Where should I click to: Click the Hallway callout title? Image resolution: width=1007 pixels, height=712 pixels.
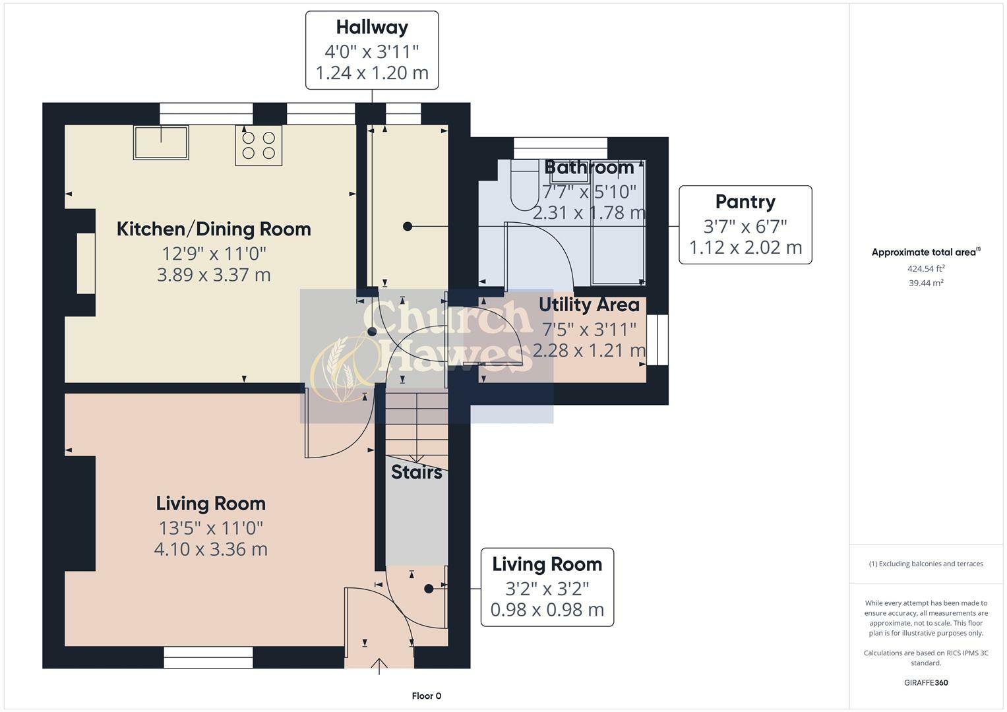[372, 28]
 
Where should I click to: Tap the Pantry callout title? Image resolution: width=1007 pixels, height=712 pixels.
[745, 202]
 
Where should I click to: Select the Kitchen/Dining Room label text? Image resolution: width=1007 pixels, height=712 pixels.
[214, 229]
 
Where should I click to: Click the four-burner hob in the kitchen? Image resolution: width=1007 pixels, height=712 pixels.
[259, 145]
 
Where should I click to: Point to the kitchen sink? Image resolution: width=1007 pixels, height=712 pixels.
[161, 142]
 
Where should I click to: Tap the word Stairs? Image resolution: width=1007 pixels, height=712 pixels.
[417, 473]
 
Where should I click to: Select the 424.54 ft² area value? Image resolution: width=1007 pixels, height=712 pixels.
[926, 269]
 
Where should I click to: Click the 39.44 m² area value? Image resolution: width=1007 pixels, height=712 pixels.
[926, 283]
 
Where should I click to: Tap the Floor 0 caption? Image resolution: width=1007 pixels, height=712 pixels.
[427, 696]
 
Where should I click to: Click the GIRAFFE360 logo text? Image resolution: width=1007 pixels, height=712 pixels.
[926, 683]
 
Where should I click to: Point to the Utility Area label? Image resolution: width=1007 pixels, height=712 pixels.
[589, 305]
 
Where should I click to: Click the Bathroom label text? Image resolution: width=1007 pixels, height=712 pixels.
[589, 167]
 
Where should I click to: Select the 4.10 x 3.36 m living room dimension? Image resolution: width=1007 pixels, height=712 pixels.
[211, 549]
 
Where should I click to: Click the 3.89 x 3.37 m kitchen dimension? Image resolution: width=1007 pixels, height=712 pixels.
[214, 275]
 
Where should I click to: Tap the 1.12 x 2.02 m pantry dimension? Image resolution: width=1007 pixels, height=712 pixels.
[745, 248]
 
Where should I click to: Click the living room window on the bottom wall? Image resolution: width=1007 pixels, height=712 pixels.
[208, 657]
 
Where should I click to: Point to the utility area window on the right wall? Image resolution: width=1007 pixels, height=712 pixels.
[657, 340]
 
